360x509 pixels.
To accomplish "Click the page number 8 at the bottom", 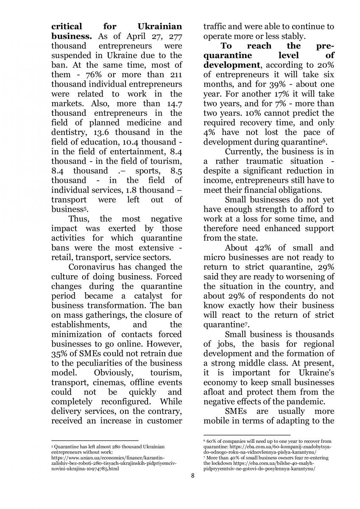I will pyautogui.click(x=193, y=475).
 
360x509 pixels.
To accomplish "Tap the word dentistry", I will pyautogui.click(x=69, y=132).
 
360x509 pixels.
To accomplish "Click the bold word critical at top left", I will pyautogui.click(x=70, y=26).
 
